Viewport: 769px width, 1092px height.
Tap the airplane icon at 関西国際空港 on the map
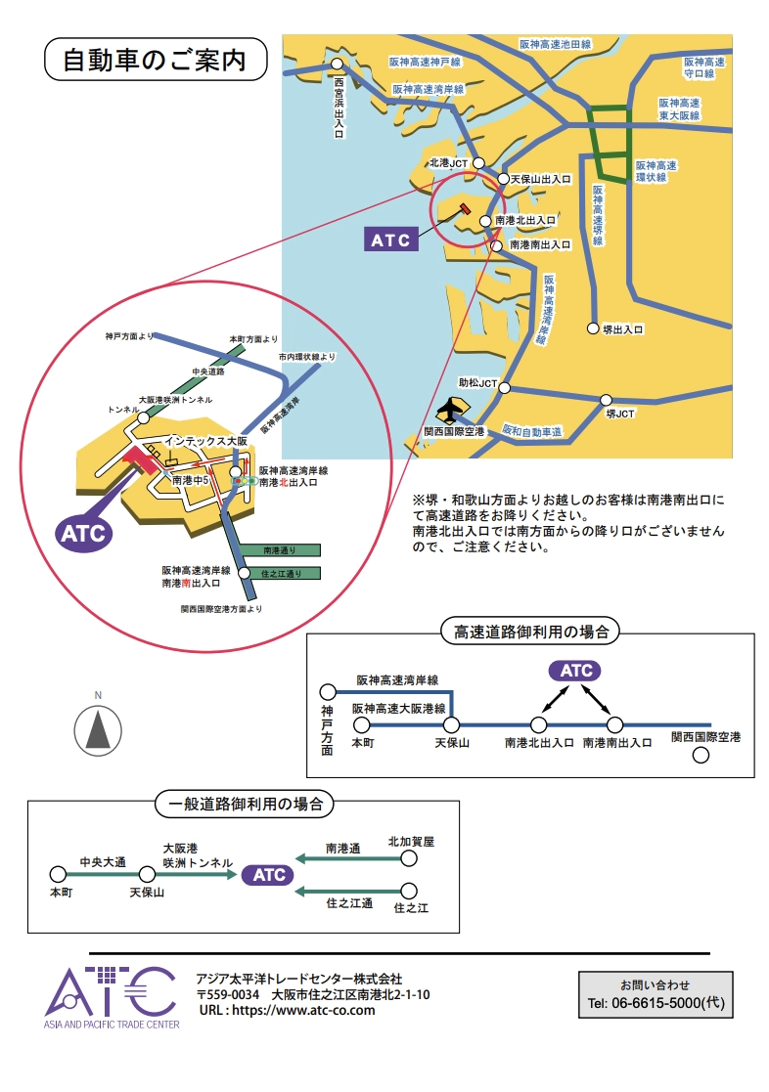click(x=452, y=409)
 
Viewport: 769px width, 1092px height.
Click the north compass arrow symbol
click(x=99, y=730)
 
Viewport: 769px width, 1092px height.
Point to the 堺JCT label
click(x=619, y=414)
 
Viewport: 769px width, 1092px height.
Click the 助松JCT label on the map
click(x=477, y=383)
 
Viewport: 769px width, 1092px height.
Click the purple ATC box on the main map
click(x=390, y=240)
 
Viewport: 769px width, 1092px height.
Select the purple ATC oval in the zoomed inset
click(x=83, y=534)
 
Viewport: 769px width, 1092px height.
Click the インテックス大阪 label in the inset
click(x=205, y=441)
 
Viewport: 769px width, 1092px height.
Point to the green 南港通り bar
click(x=278, y=550)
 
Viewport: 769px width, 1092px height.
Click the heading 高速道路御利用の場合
click(x=531, y=632)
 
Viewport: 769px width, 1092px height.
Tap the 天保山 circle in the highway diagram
click(x=452, y=724)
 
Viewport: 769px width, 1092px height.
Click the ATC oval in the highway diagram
click(x=576, y=671)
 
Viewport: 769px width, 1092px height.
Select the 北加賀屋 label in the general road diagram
click(x=411, y=841)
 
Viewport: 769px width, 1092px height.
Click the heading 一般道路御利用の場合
click(x=246, y=804)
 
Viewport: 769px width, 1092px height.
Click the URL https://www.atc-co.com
click(x=287, y=1010)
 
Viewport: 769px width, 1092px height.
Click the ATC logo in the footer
click(x=111, y=995)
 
